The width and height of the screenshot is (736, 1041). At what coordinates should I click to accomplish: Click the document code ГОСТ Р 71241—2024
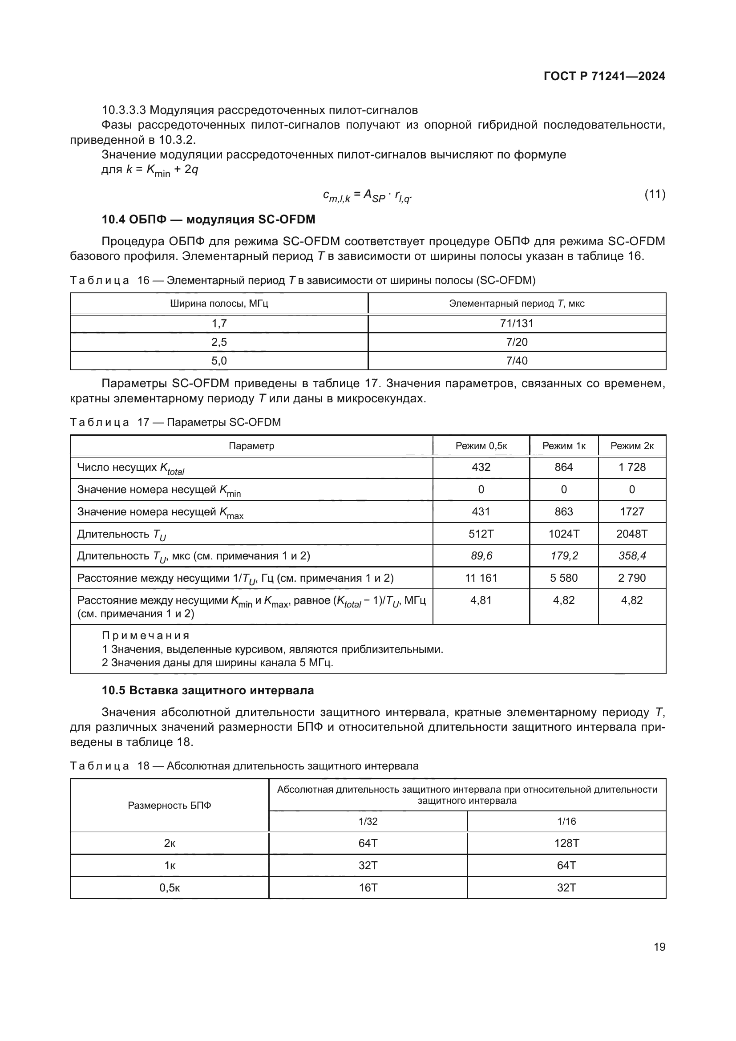coord(604,76)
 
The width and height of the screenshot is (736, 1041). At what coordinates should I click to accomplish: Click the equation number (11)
coord(655,194)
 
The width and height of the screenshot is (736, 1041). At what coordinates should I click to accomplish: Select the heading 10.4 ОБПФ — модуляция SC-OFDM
coord(208,219)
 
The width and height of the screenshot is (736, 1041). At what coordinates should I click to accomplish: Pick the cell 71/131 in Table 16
coord(517,323)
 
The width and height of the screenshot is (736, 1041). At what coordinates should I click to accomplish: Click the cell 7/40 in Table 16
coord(517,361)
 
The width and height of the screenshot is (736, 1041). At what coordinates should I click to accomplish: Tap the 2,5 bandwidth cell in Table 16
coord(219,342)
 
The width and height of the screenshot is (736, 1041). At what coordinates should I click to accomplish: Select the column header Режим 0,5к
coord(481,446)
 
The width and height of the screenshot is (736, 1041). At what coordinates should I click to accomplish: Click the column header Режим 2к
coord(632,446)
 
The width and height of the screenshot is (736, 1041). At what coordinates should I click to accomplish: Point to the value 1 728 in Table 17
coord(632,467)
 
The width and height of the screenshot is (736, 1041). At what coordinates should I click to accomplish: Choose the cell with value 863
coord(563,511)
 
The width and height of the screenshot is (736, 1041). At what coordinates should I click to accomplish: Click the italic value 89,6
coord(481,556)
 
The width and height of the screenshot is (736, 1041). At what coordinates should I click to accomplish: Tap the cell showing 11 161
coord(481,578)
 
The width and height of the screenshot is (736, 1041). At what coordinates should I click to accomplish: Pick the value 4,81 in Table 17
coord(481,600)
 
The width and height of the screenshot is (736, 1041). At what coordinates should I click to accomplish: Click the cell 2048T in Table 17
coord(632,534)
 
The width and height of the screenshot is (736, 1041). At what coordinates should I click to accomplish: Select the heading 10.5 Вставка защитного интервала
coord(207,691)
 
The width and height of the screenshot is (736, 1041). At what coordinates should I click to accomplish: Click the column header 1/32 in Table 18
coord(368,821)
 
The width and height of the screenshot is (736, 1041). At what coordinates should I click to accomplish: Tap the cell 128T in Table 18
coord(566,843)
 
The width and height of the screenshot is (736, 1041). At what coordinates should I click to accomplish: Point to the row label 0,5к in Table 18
coord(170,888)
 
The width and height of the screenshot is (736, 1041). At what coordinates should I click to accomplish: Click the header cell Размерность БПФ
coord(170,805)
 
